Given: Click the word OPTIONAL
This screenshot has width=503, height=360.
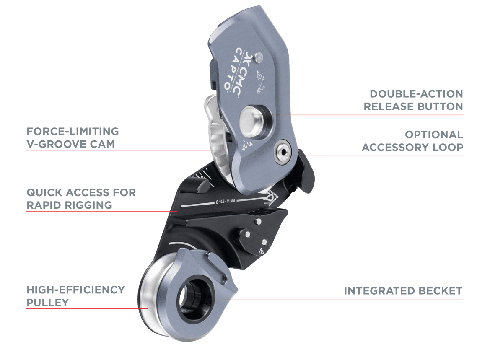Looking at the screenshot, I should tap(434, 135).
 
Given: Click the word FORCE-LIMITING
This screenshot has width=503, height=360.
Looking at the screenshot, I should tap(73, 132).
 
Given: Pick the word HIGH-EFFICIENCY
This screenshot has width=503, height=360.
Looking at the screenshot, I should tap(75, 290).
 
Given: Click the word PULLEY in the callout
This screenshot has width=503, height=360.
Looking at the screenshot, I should tap(47, 303).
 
